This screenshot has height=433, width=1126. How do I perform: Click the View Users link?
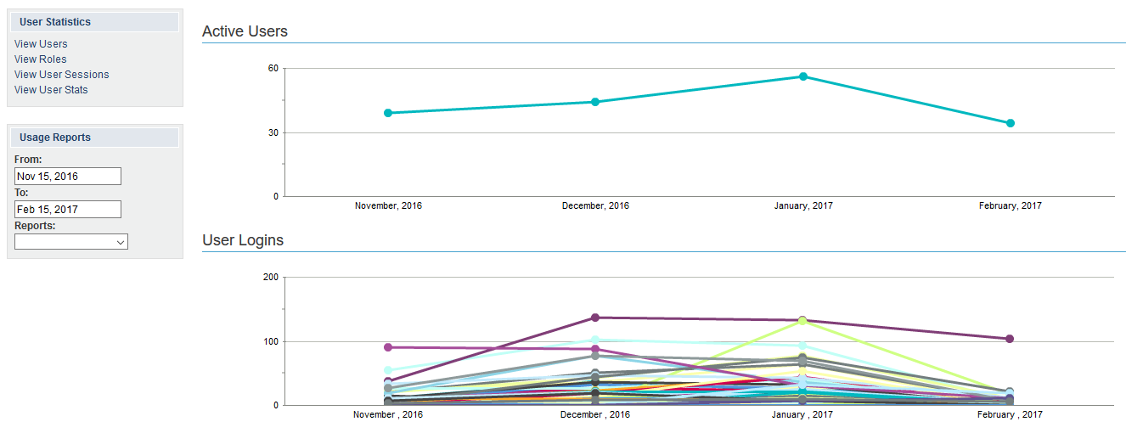click(41, 44)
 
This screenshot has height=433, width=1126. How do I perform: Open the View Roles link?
click(40, 59)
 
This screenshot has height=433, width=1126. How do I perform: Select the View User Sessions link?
click(61, 75)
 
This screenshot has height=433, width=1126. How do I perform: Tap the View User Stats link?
click(51, 90)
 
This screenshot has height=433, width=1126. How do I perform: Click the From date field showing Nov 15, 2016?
click(68, 177)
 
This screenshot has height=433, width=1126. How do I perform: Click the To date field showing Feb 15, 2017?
click(68, 210)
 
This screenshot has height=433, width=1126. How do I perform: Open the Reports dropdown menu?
click(71, 242)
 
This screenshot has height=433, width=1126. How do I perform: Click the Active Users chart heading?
click(245, 31)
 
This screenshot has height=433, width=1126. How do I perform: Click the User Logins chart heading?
click(243, 240)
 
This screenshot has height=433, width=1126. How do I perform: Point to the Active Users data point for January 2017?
click(803, 76)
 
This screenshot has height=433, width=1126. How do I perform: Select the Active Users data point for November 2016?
click(388, 113)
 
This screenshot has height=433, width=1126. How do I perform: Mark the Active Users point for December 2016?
click(595, 102)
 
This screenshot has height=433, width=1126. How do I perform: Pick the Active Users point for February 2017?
click(1011, 123)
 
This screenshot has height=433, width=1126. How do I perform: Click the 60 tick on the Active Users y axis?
click(273, 68)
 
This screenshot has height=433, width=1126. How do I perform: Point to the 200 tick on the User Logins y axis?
click(270, 278)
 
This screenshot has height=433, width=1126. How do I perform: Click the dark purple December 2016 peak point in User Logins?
click(595, 318)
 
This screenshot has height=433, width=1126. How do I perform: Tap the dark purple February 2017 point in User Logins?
click(1010, 339)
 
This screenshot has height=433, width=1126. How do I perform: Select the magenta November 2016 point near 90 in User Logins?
click(388, 347)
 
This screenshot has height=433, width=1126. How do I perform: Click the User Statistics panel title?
click(55, 22)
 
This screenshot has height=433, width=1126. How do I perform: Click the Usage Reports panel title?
click(55, 138)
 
